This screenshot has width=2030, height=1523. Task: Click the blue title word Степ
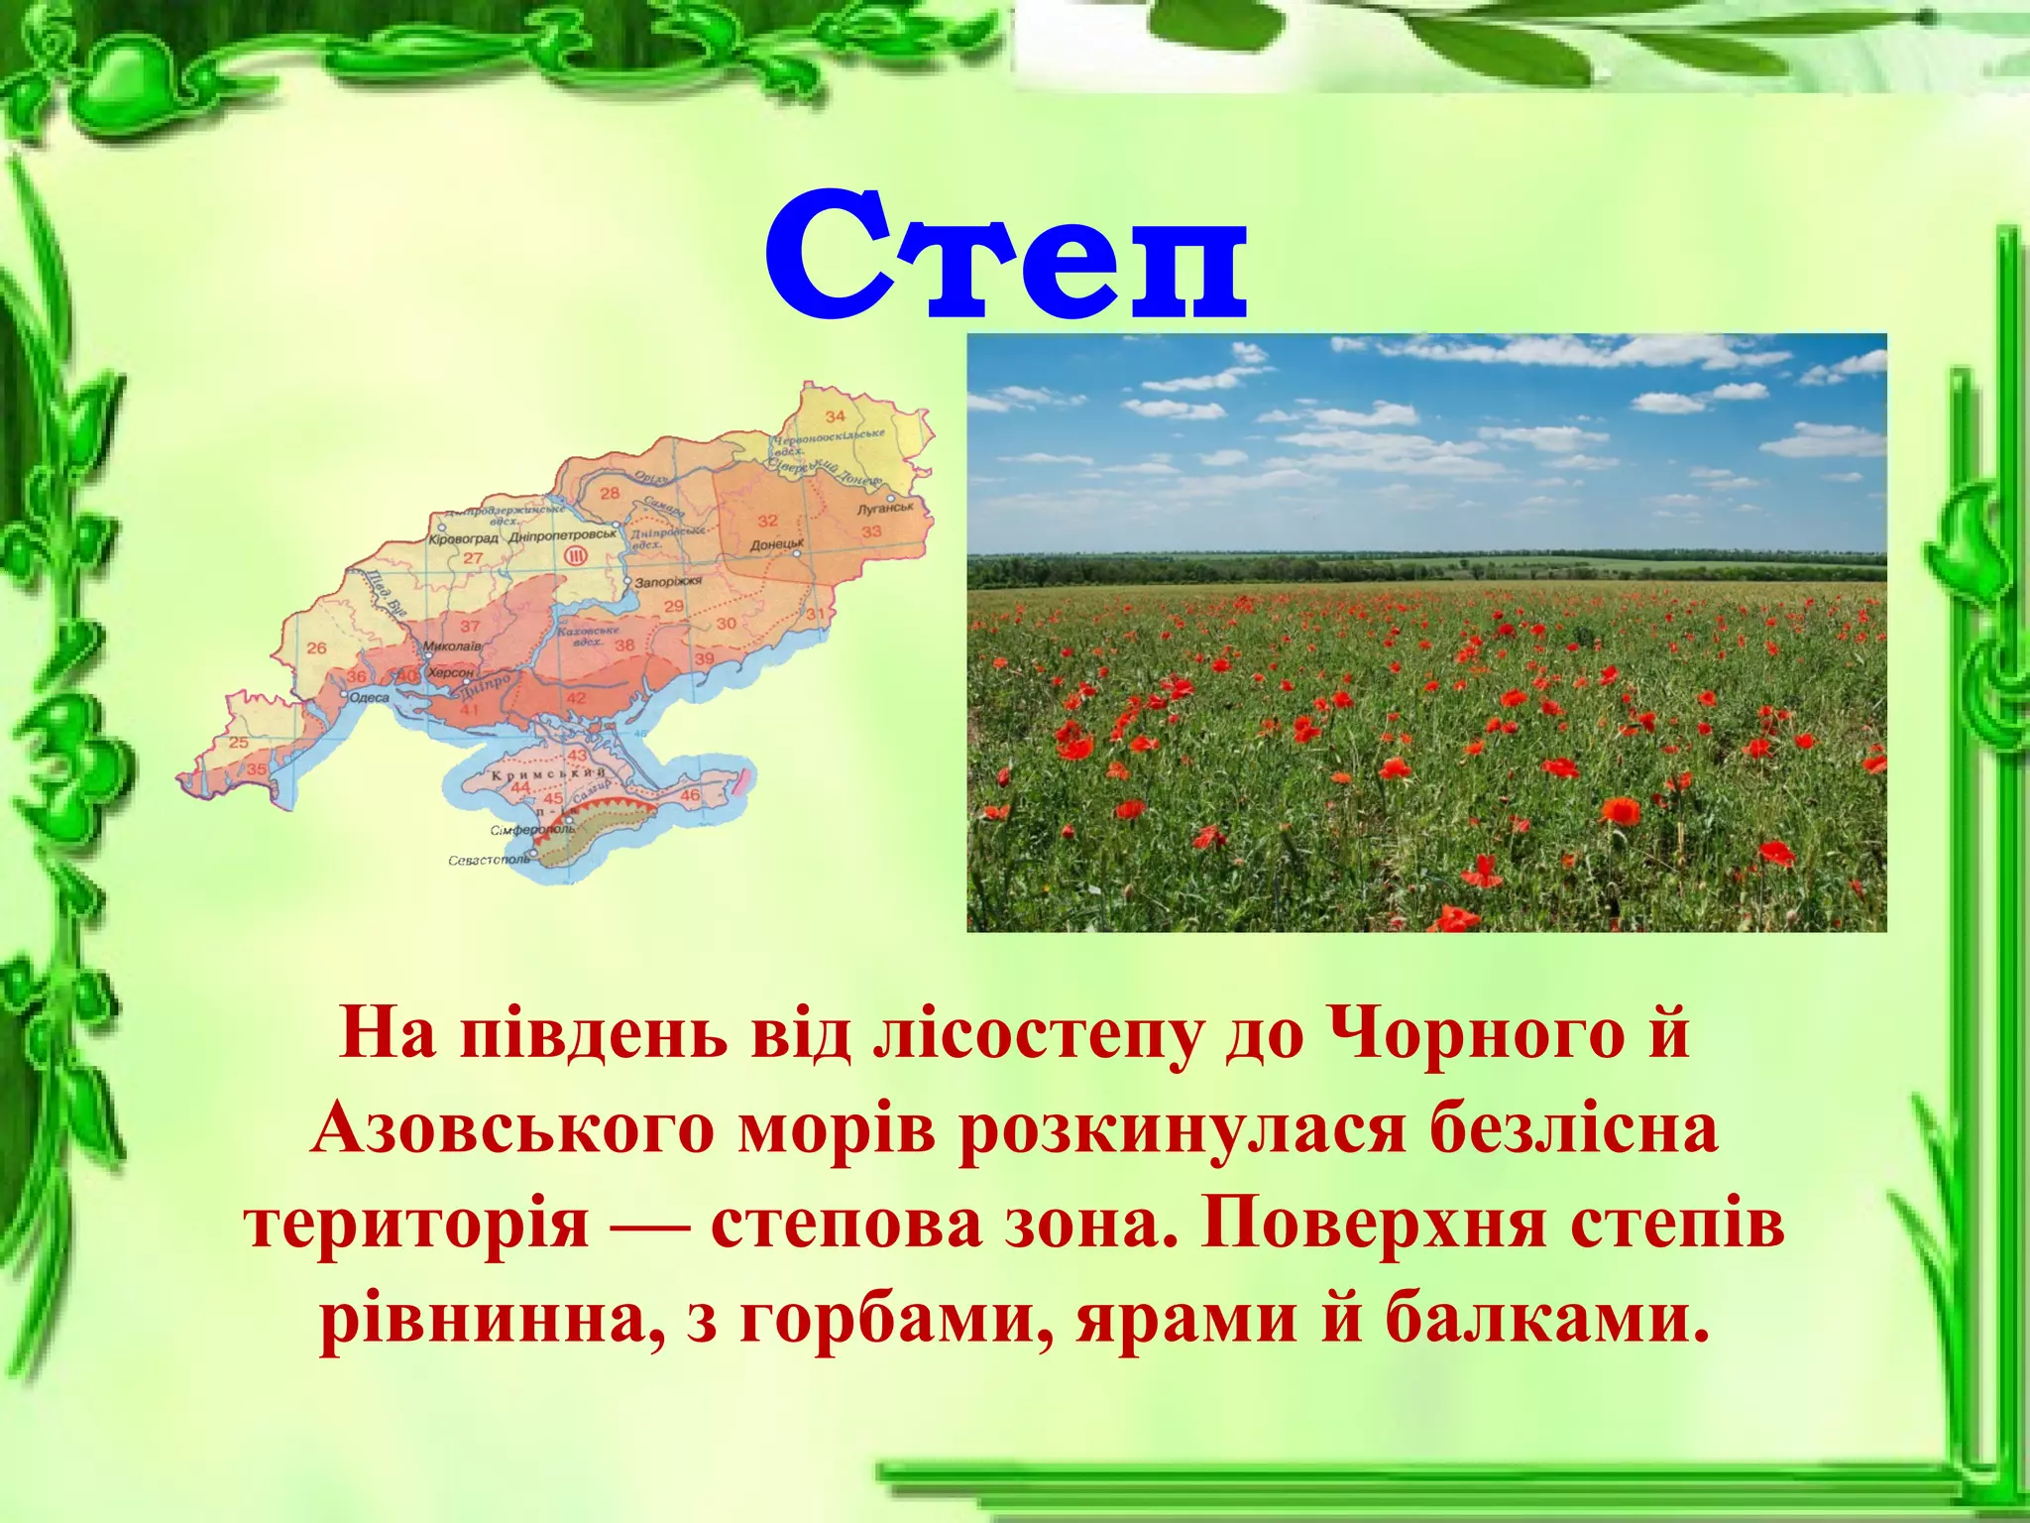(x=1005, y=258)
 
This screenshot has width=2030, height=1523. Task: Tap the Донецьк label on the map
(x=776, y=544)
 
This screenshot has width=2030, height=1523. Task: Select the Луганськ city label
(x=885, y=508)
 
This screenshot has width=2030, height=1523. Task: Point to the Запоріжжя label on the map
(x=668, y=582)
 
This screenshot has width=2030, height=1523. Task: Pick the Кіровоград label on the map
(x=463, y=538)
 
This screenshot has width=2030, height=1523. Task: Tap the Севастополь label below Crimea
(x=489, y=860)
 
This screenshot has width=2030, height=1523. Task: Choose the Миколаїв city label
(x=452, y=645)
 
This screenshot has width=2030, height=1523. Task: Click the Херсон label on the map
(x=450, y=672)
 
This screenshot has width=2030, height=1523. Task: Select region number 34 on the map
(x=836, y=416)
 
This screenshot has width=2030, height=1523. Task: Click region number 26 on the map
(x=316, y=647)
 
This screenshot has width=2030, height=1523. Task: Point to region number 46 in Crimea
(x=690, y=794)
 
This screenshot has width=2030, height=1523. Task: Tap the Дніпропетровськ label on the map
(x=562, y=535)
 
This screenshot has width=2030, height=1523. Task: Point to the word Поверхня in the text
(x=1373, y=1226)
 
